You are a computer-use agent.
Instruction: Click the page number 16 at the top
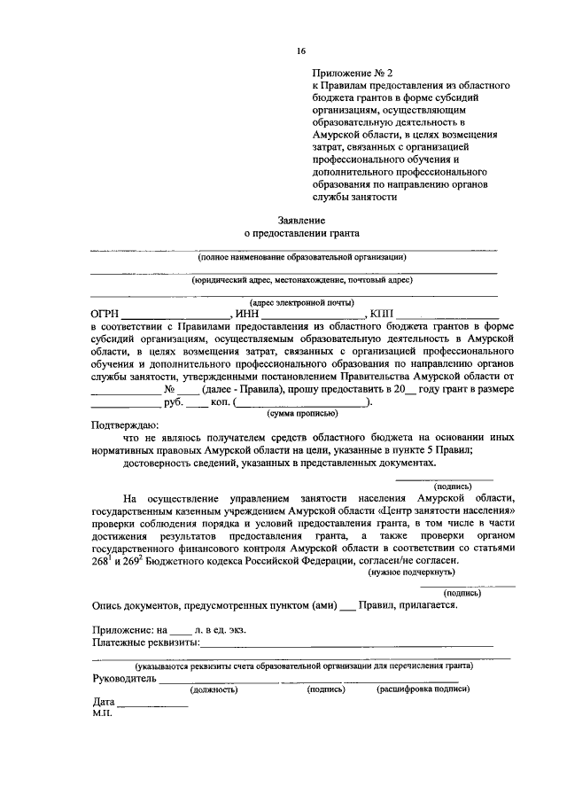[301, 52]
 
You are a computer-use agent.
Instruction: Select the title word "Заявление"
[300, 219]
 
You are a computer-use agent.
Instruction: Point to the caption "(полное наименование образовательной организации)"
[301, 257]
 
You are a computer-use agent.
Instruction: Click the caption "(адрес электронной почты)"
[301, 302]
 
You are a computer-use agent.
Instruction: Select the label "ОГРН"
[105, 314]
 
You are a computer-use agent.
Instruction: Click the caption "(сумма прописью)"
[301, 413]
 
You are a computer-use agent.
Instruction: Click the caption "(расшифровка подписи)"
[423, 689]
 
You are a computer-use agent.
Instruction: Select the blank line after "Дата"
[152, 706]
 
